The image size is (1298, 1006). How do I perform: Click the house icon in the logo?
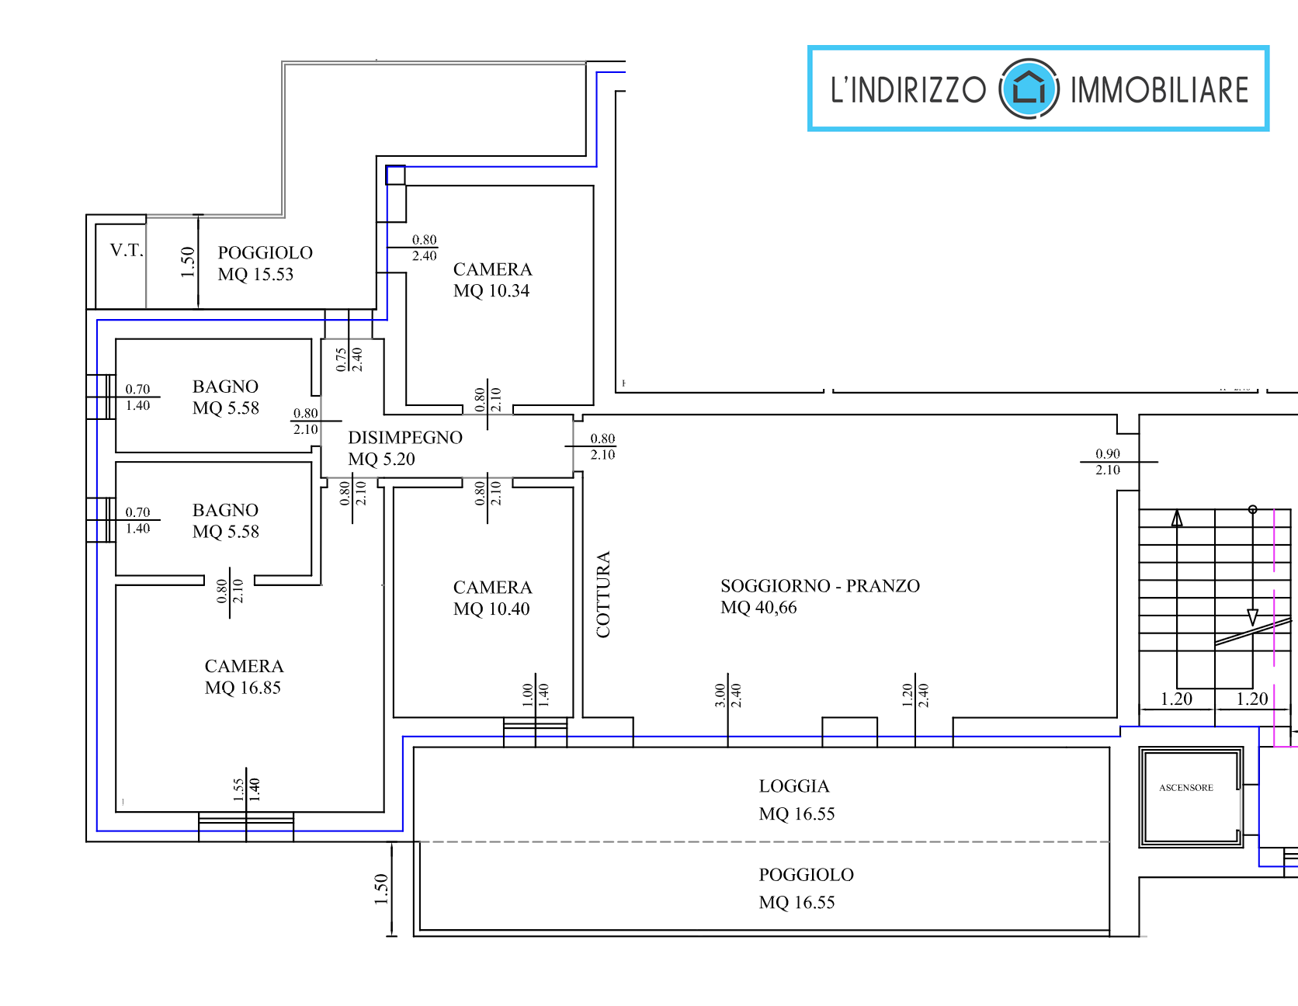(x=1029, y=88)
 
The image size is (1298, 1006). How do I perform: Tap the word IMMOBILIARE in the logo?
(x=1159, y=90)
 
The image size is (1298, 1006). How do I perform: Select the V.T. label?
(x=126, y=250)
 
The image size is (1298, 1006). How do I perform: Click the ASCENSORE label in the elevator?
(x=1185, y=788)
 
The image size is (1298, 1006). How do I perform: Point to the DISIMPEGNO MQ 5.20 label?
(x=404, y=448)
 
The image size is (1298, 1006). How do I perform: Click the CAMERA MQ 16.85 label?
(x=244, y=677)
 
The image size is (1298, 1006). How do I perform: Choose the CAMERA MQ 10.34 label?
(x=492, y=280)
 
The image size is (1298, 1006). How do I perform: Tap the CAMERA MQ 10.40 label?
(x=492, y=598)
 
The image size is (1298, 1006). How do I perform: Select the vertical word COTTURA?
(x=603, y=594)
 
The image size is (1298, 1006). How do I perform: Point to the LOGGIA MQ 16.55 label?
(x=796, y=800)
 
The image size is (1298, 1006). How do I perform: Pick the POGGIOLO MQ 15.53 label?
(x=265, y=263)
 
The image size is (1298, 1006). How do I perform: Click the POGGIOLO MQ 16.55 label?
(x=805, y=888)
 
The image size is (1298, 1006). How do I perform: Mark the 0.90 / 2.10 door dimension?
(x=1108, y=462)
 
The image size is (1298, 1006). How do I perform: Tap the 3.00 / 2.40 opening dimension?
(x=727, y=695)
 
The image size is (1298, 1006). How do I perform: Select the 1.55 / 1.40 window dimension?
(x=246, y=789)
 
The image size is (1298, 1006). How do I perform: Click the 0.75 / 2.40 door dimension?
(x=349, y=359)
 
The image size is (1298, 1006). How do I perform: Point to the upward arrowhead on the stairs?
(x=1177, y=519)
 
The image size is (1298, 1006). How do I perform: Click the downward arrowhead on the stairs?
(x=1252, y=617)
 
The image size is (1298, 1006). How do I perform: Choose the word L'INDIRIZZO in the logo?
(x=908, y=90)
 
